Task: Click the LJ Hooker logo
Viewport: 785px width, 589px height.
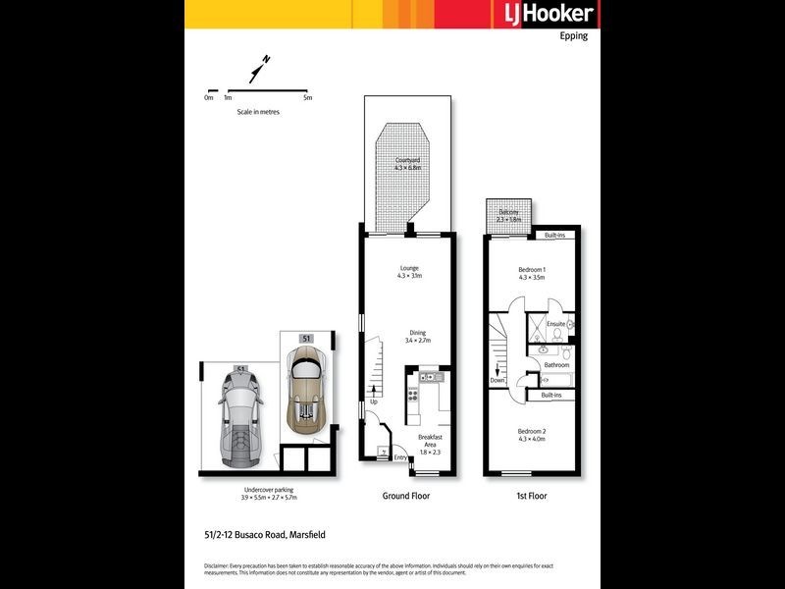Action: coord(542,14)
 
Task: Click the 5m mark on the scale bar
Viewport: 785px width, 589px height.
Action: coord(307,97)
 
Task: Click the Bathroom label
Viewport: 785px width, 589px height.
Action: coord(556,364)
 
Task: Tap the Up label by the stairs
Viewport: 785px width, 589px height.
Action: coord(374,402)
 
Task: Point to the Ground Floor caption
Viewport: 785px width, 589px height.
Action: coord(405,496)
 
